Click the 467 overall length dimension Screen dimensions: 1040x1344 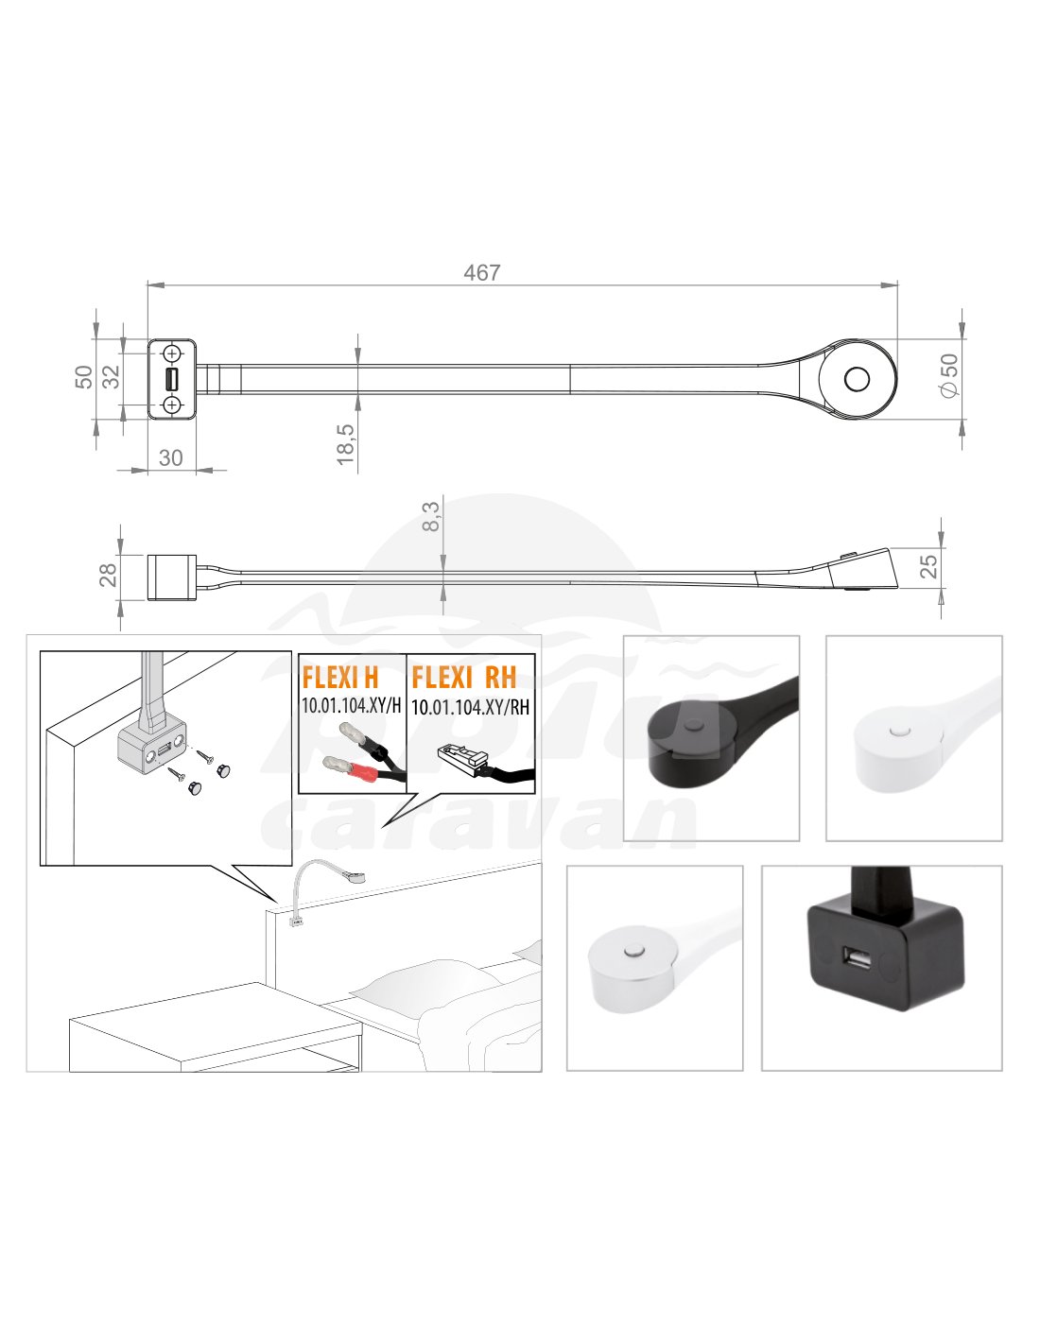point(481,272)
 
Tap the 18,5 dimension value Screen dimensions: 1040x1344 point(345,444)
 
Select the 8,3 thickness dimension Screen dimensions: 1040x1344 point(430,516)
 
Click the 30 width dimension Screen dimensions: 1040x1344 point(171,457)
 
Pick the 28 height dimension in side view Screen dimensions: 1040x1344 point(109,575)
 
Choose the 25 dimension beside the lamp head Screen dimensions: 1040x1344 point(928,566)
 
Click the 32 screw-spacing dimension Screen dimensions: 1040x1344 point(111,376)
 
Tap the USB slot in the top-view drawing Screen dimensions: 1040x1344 point(172,379)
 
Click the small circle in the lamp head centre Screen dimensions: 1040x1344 point(857,379)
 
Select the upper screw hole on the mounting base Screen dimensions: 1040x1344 point(172,353)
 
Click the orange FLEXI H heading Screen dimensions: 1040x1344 point(339,678)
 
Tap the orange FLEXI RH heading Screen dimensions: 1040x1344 point(464,678)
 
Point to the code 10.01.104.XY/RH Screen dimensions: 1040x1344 point(470,707)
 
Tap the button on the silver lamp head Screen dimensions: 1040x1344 point(633,951)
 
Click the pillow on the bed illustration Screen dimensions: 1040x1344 point(427,983)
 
